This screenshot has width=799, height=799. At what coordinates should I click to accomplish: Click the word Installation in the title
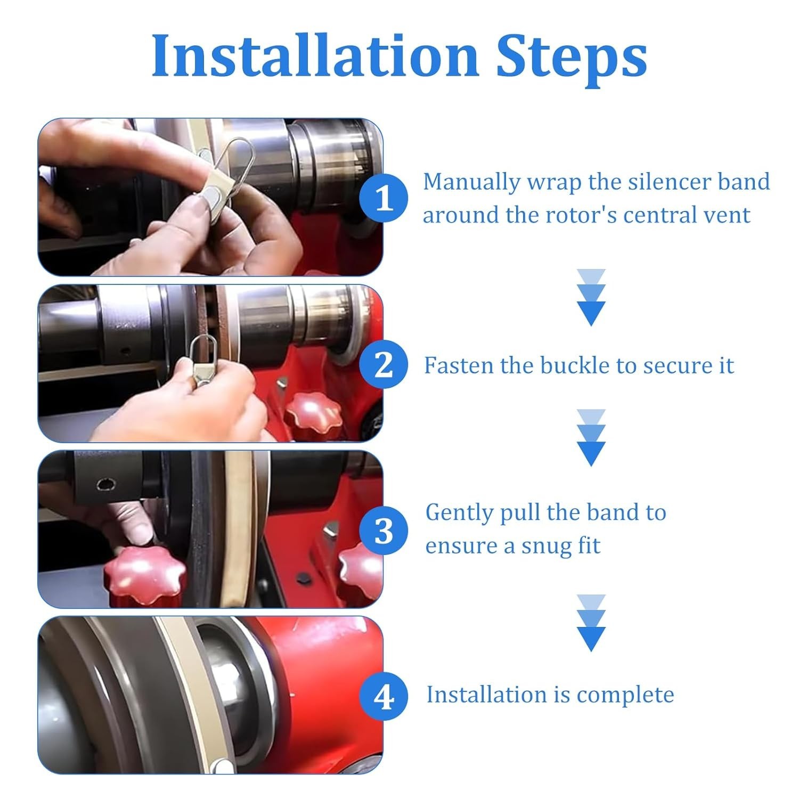click(315, 56)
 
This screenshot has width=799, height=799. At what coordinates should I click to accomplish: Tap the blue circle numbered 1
click(384, 198)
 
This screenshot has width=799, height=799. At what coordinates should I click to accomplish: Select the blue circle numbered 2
click(384, 365)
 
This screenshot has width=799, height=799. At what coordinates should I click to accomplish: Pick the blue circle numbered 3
click(384, 531)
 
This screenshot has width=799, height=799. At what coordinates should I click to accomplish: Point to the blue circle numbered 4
click(384, 696)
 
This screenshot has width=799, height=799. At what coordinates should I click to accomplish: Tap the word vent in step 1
click(728, 216)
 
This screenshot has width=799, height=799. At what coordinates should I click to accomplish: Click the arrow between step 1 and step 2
click(591, 298)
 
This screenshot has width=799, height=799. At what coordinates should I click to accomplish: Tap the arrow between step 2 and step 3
click(591, 438)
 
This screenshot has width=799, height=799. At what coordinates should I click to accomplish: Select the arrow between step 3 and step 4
click(591, 623)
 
